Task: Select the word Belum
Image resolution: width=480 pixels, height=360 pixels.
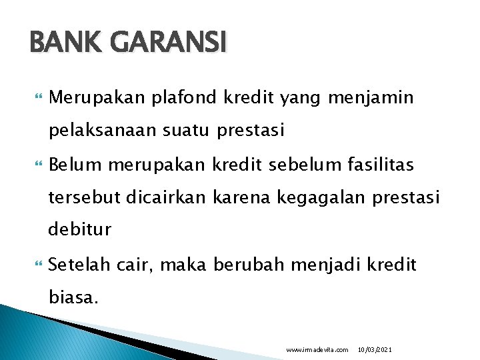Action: click(x=73, y=164)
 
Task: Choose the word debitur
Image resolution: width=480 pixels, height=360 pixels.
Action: click(x=79, y=230)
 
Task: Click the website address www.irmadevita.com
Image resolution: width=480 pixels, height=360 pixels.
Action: click(x=317, y=349)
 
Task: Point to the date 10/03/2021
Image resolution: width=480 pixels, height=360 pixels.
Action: click(x=375, y=349)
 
